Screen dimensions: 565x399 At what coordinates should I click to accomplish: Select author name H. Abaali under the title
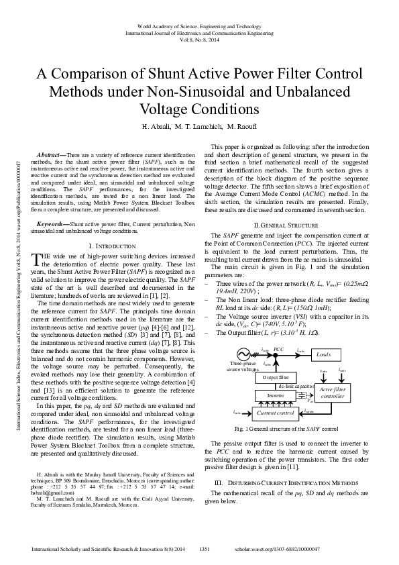(156, 126)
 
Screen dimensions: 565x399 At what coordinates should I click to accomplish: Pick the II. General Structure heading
(284, 224)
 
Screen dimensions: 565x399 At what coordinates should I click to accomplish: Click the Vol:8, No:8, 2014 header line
(199, 40)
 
